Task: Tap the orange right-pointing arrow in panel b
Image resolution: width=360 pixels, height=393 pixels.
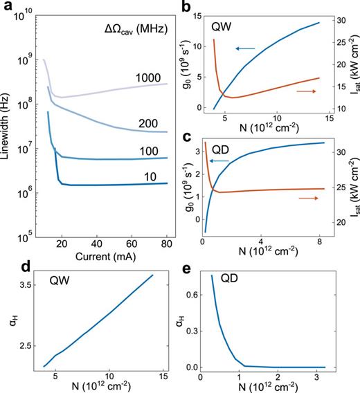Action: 308,91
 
